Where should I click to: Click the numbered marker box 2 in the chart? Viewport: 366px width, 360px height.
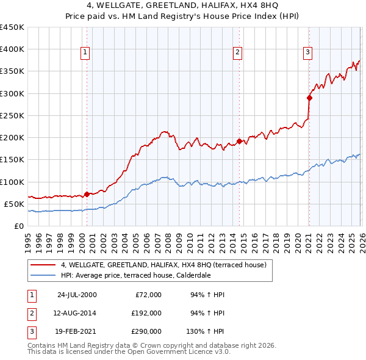click(237, 53)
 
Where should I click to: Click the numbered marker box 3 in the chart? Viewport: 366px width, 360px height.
click(308, 53)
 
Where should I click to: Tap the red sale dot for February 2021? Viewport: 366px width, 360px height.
click(309, 98)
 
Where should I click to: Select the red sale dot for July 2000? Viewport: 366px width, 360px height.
click(87, 194)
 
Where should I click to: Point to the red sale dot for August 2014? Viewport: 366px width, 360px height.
click(239, 141)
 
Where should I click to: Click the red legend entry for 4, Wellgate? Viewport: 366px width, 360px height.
click(163, 265)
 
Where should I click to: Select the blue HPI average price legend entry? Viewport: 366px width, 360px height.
click(143, 275)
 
